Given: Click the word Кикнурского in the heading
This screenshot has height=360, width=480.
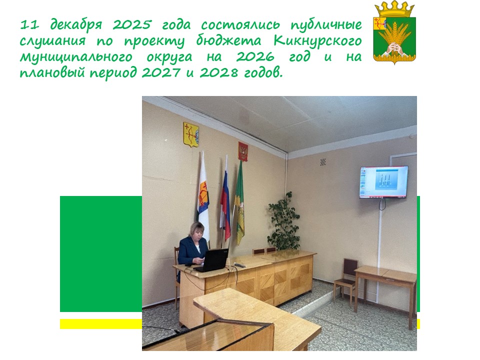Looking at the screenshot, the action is (x=318, y=41).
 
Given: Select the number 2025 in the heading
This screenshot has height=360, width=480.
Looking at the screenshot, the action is (x=132, y=24).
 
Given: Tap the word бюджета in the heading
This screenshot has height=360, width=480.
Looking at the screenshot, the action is (x=228, y=41).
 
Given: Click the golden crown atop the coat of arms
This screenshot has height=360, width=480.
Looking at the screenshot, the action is (x=394, y=9).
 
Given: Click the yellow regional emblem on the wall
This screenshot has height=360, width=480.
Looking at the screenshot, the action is (x=191, y=134).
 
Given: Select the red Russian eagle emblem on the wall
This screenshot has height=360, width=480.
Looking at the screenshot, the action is (x=243, y=151).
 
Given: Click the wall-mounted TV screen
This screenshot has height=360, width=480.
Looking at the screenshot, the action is (x=384, y=182).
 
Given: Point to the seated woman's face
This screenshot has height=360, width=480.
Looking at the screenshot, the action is (x=196, y=232).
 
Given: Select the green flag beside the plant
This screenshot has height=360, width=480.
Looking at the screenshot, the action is (x=239, y=205).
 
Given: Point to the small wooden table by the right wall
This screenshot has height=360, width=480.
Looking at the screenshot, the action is (x=385, y=291).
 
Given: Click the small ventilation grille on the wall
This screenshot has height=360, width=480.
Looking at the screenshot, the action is (x=323, y=162).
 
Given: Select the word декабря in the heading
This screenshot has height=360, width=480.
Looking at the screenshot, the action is (x=75, y=25).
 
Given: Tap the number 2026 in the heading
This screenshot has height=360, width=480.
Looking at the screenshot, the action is (x=255, y=57).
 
